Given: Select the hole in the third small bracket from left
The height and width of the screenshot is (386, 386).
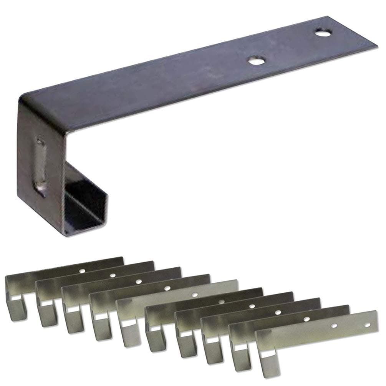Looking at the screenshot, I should pos(138,281).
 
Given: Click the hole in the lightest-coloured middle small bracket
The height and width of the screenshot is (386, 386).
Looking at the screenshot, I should pos(195,295).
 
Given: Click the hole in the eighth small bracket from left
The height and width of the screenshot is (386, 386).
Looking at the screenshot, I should pos(277,312).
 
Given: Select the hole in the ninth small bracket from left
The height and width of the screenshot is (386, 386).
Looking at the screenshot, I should pos(306,319).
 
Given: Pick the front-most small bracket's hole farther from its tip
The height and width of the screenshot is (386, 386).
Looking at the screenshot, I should pos(335,326).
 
